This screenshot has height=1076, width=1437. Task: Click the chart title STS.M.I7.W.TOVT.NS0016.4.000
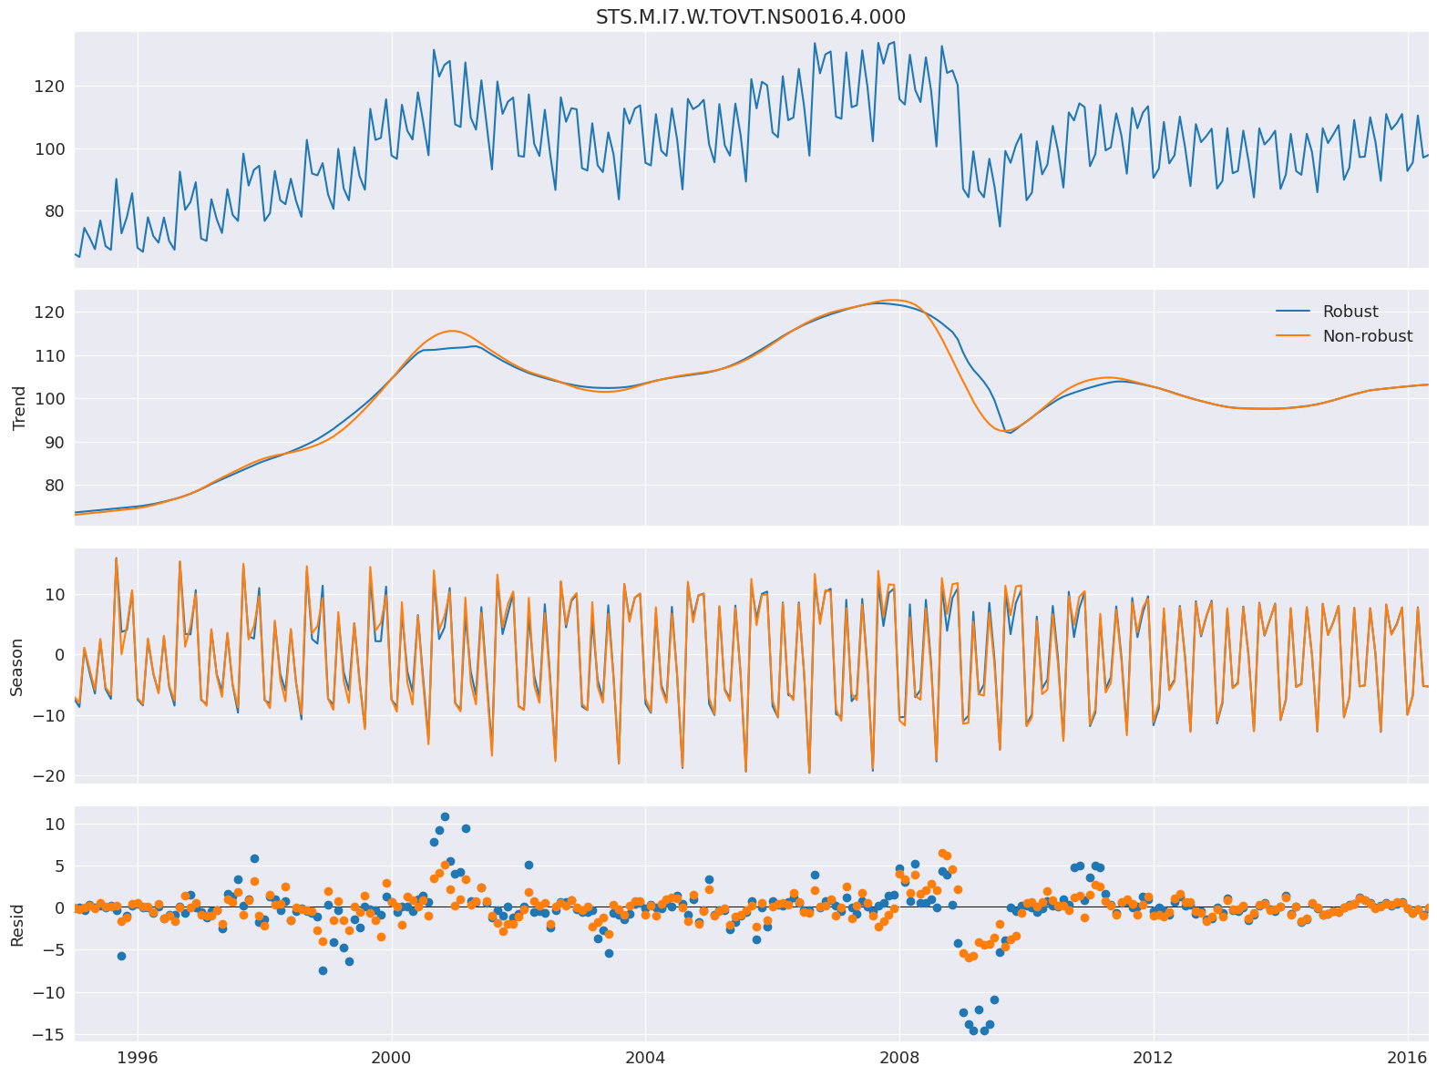[750, 17]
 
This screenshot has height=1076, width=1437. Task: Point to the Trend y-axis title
[18, 407]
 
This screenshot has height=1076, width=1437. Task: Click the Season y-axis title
[18, 666]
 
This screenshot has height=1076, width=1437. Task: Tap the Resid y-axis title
[18, 923]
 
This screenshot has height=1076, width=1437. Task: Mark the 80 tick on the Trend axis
[53, 486]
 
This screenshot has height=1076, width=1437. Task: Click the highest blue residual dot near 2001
[445, 817]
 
